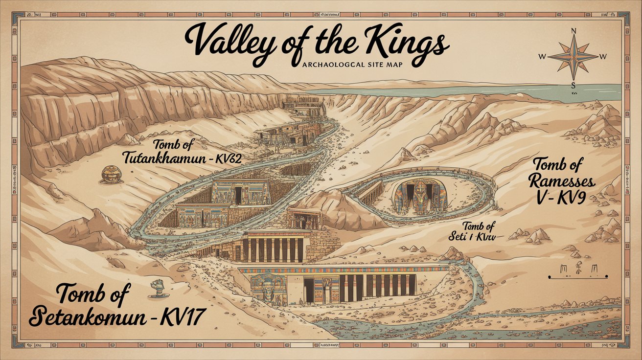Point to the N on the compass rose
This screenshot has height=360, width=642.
tap(573, 30)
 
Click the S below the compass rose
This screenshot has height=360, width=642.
tap(573, 84)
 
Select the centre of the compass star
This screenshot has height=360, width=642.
tap(573, 57)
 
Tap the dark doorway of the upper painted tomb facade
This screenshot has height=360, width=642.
tap(238, 196)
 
